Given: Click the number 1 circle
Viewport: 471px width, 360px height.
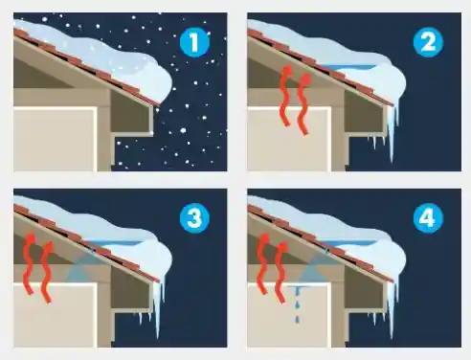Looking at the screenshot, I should [194, 42].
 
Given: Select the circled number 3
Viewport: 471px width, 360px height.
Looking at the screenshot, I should [194, 218].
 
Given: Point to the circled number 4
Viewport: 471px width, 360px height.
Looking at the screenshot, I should [427, 218].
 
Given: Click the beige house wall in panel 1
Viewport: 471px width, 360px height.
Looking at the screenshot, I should [53, 140].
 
